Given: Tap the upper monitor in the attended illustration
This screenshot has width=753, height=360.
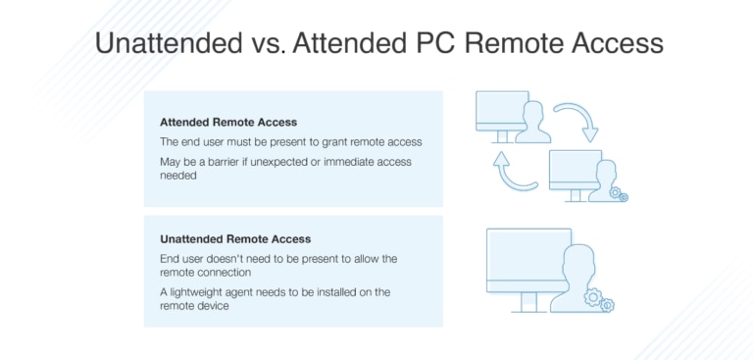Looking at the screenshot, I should pos(500,113).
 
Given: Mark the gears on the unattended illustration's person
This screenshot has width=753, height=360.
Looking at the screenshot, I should pos(597,298).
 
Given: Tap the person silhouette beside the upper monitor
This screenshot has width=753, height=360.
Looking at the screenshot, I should pos(534,122).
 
